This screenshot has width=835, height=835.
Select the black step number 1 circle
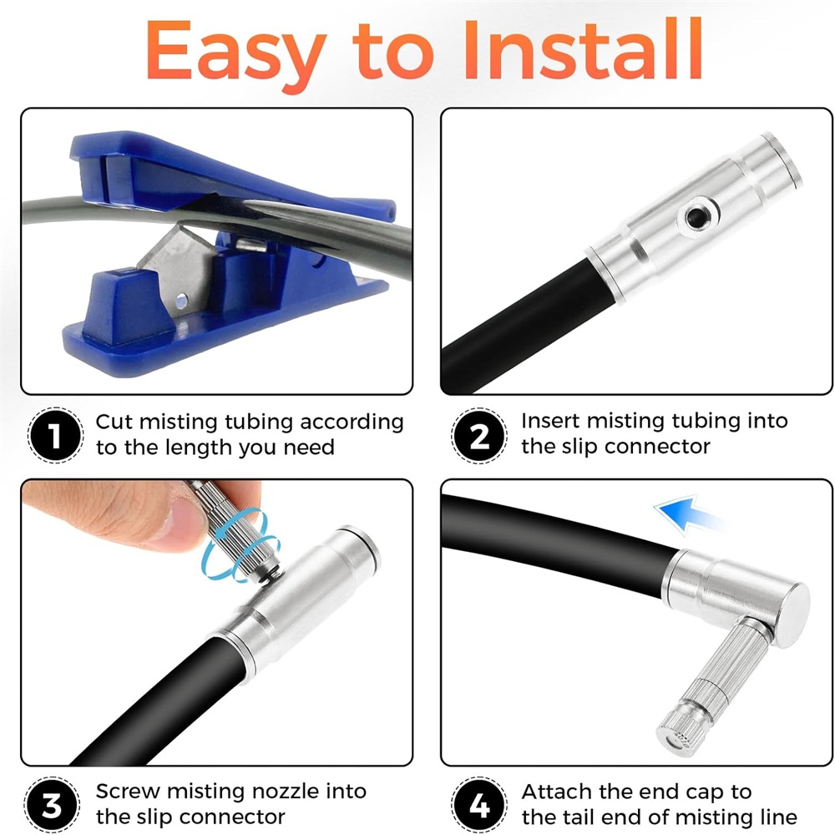[55, 435]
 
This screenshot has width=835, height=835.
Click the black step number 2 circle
[479, 436]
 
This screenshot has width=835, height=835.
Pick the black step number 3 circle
[52, 805]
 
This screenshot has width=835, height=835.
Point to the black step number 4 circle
[479, 805]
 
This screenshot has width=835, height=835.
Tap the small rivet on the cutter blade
[181, 301]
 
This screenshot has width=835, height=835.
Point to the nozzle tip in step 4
[677, 737]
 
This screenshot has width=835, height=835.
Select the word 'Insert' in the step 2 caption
[549, 421]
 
